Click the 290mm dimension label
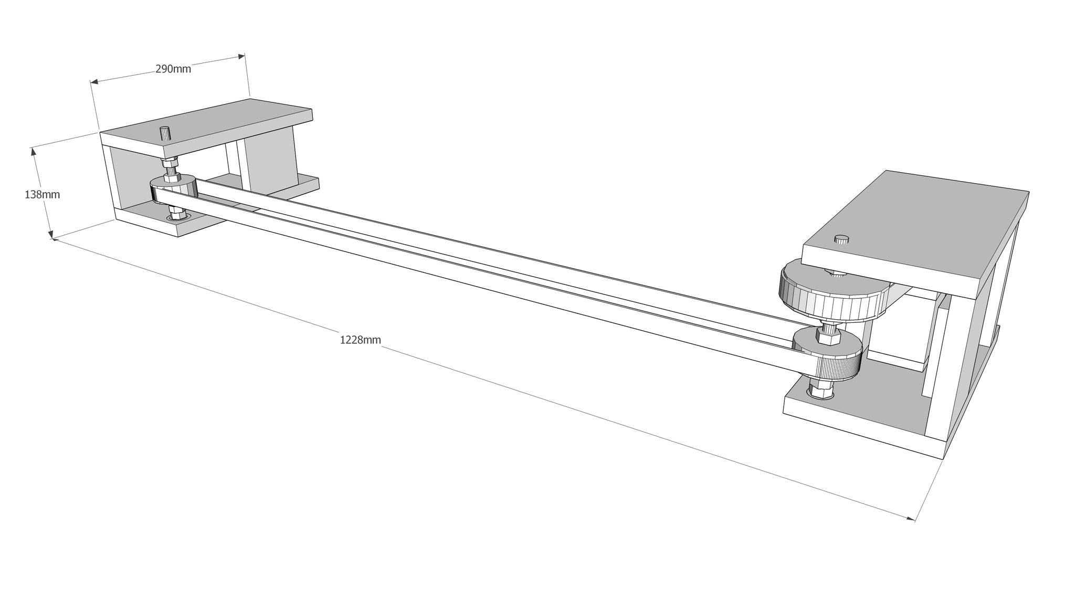click(173, 69)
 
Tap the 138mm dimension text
click(42, 195)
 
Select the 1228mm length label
click(360, 340)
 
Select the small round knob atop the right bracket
click(842, 239)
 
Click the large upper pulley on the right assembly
click(829, 294)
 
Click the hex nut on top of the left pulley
click(171, 177)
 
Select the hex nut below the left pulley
click(175, 215)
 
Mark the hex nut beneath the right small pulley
click(820, 391)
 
